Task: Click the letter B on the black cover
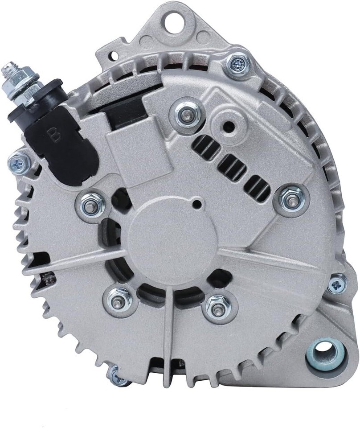pos(53,134)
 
